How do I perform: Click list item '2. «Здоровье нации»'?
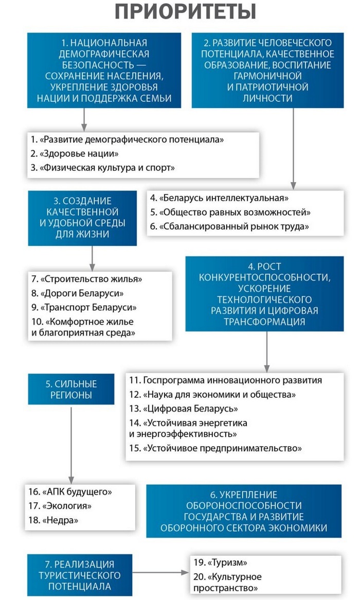click(x=75, y=153)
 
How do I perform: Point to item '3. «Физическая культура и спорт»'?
click(x=103, y=168)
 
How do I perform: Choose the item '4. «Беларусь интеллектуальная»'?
click(x=220, y=198)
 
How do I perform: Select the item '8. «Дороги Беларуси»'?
click(x=77, y=293)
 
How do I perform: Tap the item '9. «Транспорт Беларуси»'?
click(x=84, y=307)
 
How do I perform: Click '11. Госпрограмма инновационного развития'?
click(x=226, y=380)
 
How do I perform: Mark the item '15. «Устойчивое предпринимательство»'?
click(x=215, y=448)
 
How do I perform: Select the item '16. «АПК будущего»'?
click(x=70, y=491)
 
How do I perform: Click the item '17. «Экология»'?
click(x=60, y=506)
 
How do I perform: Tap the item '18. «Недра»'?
click(x=53, y=520)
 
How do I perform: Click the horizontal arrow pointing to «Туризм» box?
click(x=159, y=572)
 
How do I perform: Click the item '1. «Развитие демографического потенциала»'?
click(x=127, y=139)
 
